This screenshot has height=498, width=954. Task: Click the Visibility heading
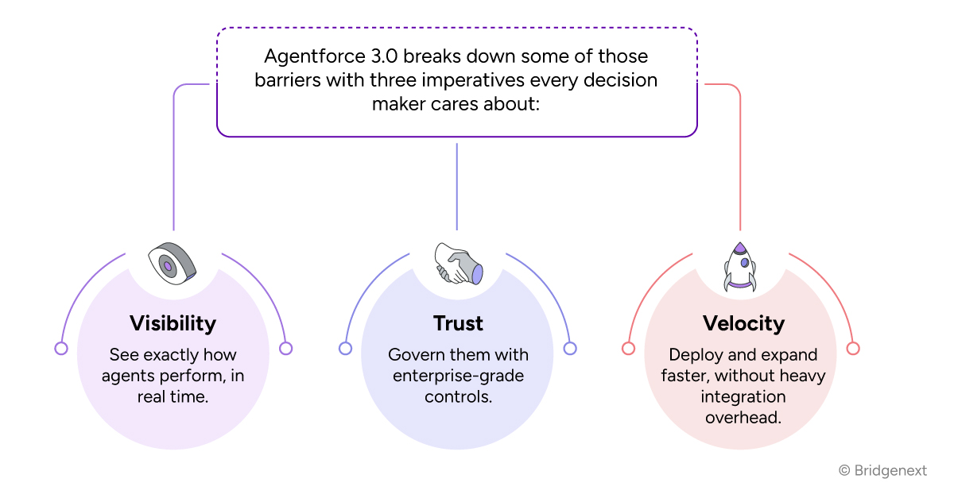[x=173, y=323]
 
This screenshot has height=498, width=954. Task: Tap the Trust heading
[x=458, y=323]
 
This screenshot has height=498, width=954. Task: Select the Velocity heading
[x=743, y=323]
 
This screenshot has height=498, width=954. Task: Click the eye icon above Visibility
[x=173, y=261]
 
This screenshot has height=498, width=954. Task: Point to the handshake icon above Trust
[x=458, y=264]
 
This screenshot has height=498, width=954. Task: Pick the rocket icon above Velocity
[x=740, y=266]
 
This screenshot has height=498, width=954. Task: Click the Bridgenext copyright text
[x=882, y=471]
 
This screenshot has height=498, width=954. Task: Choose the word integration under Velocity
[x=744, y=396]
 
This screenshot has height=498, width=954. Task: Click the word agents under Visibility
[x=130, y=375]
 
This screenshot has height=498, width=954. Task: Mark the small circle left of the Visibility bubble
[x=60, y=348]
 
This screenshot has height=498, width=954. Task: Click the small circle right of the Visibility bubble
[x=286, y=348]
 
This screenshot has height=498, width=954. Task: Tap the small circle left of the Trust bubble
[x=345, y=348]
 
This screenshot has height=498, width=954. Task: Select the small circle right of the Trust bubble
[x=569, y=348]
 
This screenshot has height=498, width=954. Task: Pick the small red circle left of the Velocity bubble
[x=628, y=348]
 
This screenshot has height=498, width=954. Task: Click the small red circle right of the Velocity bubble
[x=853, y=348]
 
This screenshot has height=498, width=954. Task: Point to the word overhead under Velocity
[x=743, y=416]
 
